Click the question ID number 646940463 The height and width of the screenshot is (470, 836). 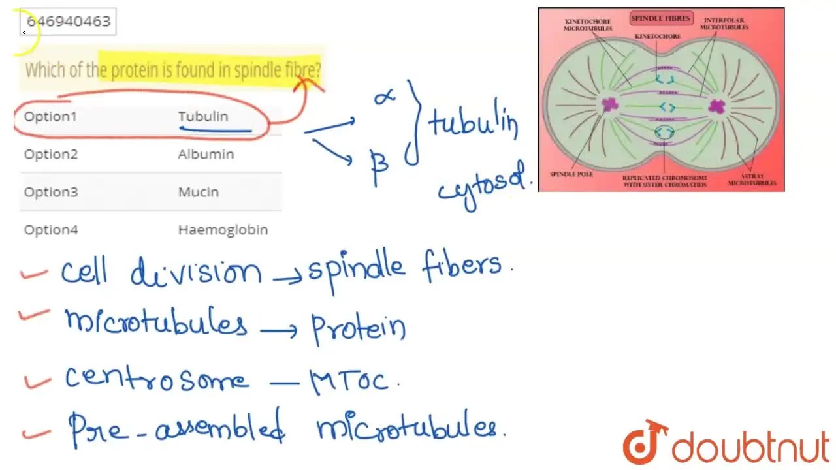[69, 21]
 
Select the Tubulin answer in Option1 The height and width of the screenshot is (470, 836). [203, 116]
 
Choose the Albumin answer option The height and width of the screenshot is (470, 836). [206, 154]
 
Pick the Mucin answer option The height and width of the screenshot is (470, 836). [199, 192]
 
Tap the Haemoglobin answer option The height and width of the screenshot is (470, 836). [223, 230]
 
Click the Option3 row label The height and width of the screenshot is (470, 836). [50, 192]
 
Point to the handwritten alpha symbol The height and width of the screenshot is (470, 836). [385, 97]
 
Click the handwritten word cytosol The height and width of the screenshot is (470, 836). [485, 187]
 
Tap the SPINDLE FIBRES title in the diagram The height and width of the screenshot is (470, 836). [660, 18]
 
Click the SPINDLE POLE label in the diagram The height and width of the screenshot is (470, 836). [571, 174]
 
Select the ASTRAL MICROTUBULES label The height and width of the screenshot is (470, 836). [752, 180]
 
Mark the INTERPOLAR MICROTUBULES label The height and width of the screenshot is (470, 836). [724, 24]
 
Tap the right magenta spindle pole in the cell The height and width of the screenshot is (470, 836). [716, 106]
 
